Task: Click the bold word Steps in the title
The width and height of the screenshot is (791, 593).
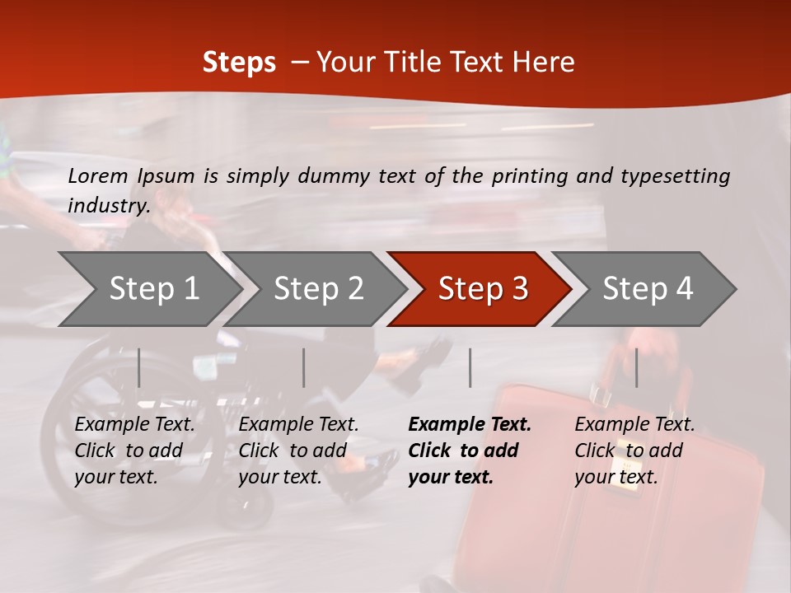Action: point(239,63)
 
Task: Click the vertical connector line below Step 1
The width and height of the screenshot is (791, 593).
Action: point(139,367)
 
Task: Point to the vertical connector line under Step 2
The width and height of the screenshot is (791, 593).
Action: point(304,367)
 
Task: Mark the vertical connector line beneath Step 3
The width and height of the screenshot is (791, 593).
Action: point(470,367)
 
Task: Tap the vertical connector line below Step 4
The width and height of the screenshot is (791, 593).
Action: point(637,367)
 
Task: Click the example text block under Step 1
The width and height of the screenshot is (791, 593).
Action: point(134,451)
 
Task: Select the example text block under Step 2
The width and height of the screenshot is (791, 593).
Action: point(298,451)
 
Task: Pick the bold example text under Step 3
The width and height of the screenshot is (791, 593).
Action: point(470,451)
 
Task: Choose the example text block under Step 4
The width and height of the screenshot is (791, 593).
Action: point(634,451)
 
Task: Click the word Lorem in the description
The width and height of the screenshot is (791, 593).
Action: point(98,175)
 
